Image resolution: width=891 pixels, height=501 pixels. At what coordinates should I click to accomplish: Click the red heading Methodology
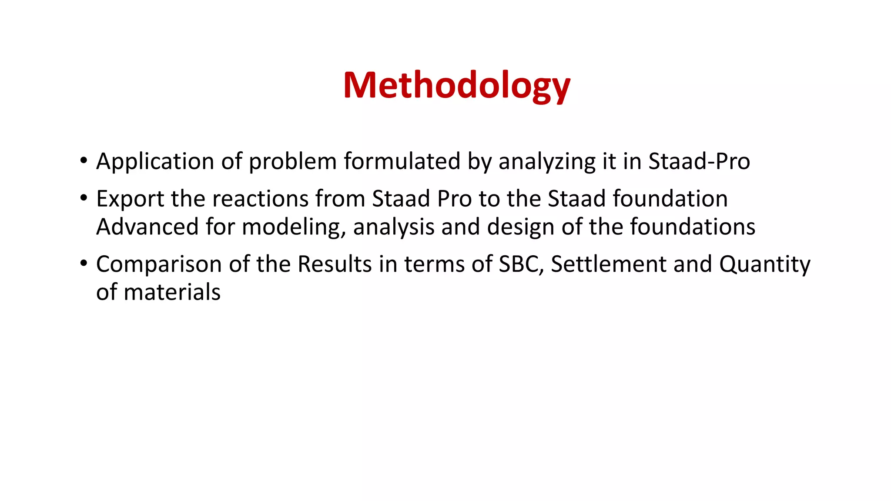(456, 86)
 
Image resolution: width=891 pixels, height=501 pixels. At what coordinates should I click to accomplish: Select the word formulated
(402, 162)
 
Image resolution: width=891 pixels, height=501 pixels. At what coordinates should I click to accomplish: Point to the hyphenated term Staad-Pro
(699, 162)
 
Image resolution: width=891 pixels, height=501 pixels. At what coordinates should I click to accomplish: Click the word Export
(130, 199)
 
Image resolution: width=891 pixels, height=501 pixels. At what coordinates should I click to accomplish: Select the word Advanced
(147, 227)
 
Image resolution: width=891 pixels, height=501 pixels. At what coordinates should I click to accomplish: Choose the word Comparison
(159, 264)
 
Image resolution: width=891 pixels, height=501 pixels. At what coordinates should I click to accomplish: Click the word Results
(335, 264)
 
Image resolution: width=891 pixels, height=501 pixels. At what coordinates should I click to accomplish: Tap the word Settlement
(608, 264)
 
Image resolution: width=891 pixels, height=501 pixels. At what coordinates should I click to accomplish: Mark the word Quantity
(764, 264)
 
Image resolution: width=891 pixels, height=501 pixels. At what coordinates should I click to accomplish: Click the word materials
(172, 292)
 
